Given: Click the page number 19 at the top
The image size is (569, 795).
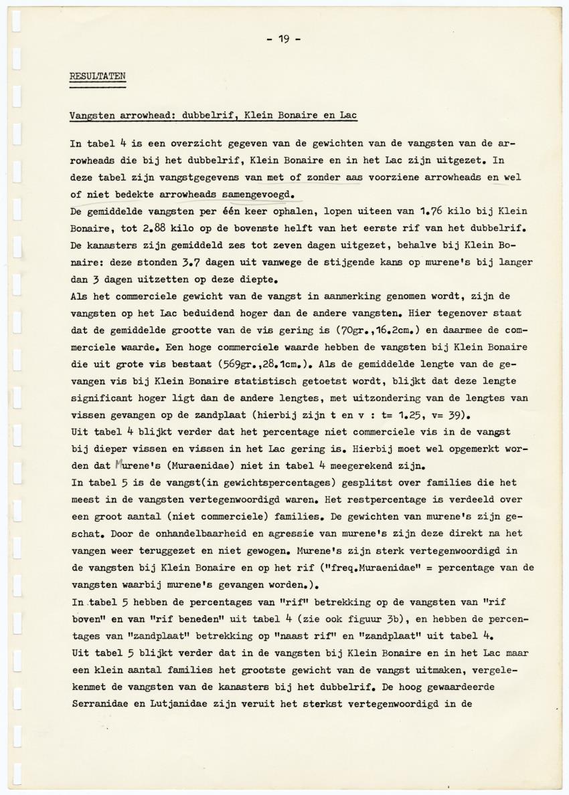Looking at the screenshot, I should pyautogui.click(x=284, y=39).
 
